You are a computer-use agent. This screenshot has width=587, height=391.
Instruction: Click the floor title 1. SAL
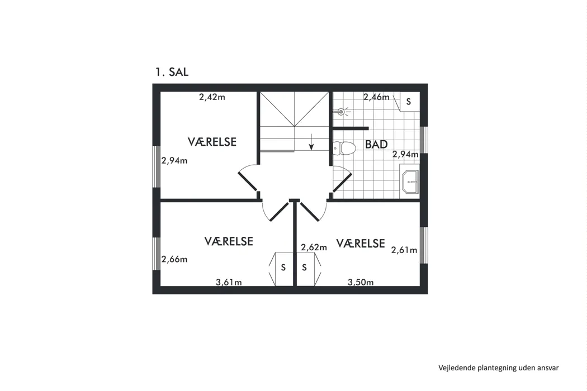click(172, 72)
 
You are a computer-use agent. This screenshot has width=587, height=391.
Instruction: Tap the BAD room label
click(376, 145)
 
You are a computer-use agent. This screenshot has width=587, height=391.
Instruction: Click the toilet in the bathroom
click(344, 148)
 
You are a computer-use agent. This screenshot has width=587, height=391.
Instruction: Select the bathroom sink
click(410, 182)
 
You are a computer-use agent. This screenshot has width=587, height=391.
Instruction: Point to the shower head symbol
click(342, 111)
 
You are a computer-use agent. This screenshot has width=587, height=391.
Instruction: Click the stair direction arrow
click(311, 142)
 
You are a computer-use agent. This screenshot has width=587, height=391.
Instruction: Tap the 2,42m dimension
click(212, 97)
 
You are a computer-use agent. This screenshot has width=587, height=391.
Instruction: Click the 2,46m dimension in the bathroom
click(376, 97)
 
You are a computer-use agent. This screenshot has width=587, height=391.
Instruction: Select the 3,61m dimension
click(229, 282)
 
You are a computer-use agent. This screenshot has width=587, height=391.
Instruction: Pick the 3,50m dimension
click(361, 282)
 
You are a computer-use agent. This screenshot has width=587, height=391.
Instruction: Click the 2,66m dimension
click(174, 259)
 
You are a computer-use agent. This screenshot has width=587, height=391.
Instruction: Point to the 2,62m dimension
click(314, 247)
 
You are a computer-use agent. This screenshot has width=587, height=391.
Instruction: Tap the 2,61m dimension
click(404, 250)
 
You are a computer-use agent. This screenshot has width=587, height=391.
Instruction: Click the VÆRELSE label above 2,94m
click(212, 142)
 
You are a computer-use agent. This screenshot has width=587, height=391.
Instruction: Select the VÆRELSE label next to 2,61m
click(361, 244)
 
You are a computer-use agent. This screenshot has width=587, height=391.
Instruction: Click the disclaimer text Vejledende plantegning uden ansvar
click(499, 368)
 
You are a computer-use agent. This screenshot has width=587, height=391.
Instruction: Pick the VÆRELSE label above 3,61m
click(229, 241)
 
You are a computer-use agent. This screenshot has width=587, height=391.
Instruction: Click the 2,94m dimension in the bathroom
click(405, 154)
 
